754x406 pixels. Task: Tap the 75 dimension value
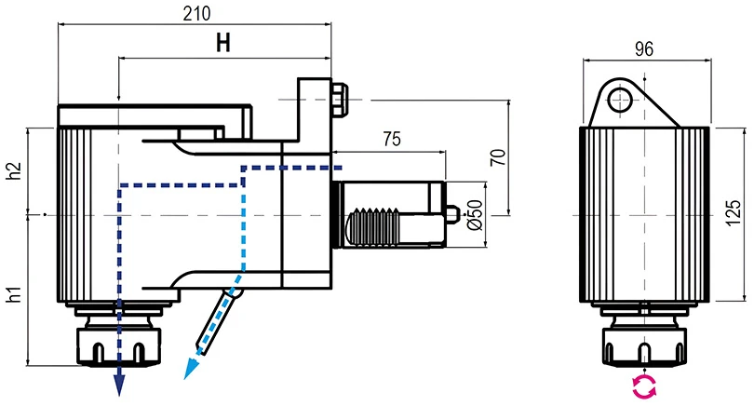[391, 140]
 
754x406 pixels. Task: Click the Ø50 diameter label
[472, 215]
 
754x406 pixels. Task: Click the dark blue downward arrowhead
[120, 382]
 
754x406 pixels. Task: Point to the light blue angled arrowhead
[193, 370]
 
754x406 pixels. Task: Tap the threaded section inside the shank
[377, 225]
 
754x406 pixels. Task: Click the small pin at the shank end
[451, 216]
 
